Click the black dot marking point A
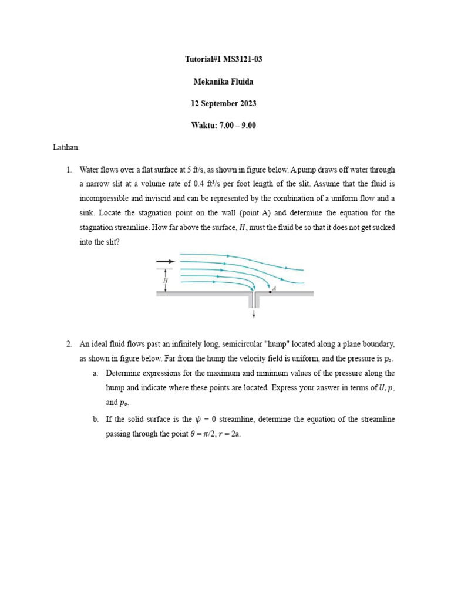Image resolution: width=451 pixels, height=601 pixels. tap(270, 291)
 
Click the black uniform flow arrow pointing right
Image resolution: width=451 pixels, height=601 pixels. tap(165, 261)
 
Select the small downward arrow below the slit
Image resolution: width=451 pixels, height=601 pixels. tap(254, 314)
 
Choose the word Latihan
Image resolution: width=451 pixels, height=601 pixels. tap(66, 147)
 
